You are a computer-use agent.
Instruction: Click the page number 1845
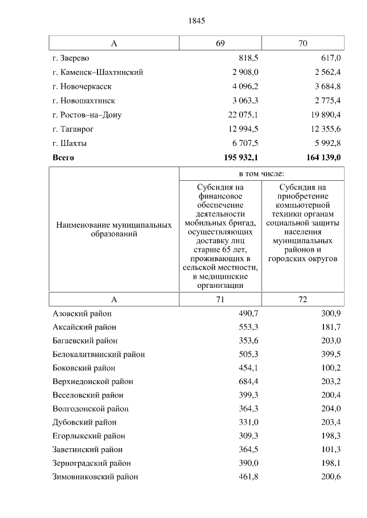pos(196,21)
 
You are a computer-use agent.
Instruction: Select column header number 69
pos(220,44)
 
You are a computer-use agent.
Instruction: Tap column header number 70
pos(303,44)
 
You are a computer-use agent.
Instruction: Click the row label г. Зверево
pos(71,58)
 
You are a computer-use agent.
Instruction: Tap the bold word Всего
pos(64,157)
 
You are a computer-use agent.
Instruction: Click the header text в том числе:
pos(261,173)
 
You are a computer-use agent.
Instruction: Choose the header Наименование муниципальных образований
pos(114,230)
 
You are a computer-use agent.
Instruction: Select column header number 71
pos(220,299)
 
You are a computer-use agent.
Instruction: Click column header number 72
pos(303,299)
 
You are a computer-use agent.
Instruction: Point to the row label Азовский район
pos(82,314)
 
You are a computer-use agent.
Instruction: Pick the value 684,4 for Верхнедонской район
pos(248,381)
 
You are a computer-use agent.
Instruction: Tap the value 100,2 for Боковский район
pos(331,367)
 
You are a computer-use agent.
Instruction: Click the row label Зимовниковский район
pos(95,476)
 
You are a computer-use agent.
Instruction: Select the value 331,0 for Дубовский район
pos(248,422)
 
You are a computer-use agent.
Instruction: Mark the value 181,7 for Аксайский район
pos(331,327)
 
